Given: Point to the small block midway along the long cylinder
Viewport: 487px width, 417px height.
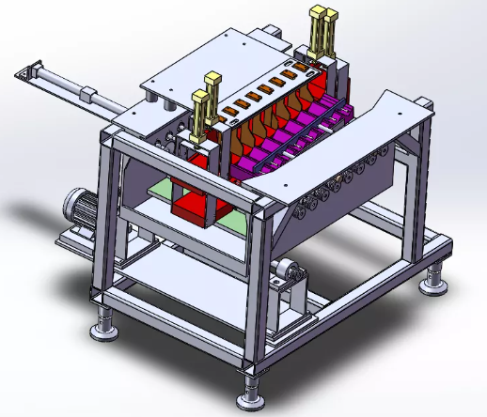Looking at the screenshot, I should (88, 95).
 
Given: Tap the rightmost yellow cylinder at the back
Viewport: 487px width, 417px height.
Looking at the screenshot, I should (330, 31).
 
